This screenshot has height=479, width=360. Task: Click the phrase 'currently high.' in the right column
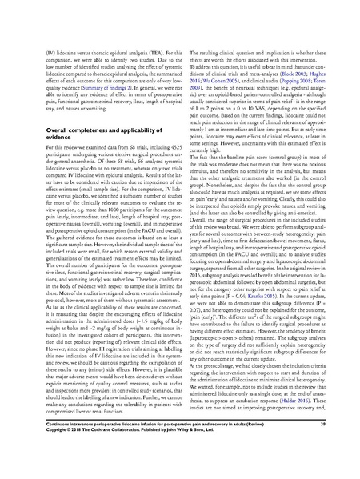pos(206,149)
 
